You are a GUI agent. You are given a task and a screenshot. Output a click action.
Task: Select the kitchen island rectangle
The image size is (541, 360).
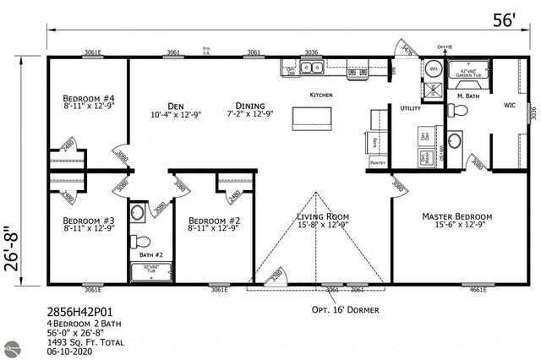coord(309,119)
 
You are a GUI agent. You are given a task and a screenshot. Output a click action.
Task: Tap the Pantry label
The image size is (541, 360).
coord(377,162)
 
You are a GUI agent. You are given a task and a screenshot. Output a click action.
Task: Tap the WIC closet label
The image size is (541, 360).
coord(510,106)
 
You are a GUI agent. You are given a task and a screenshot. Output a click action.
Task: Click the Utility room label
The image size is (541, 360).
coord(410,109)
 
